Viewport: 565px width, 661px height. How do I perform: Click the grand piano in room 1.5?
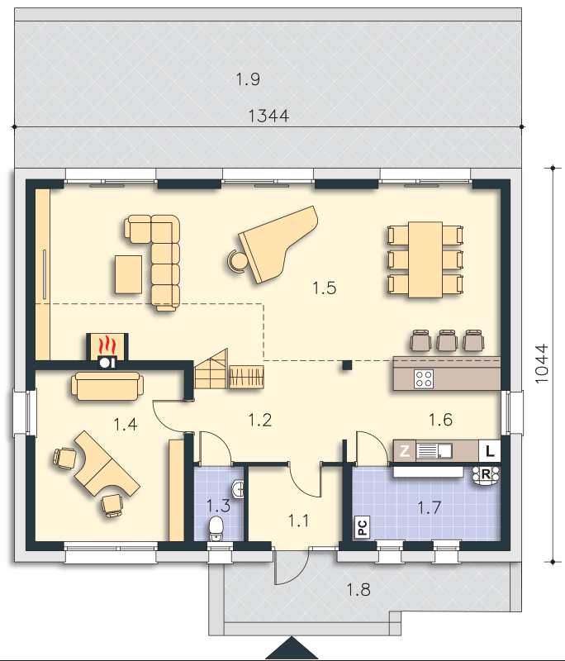278,245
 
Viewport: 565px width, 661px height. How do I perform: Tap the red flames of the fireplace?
107,345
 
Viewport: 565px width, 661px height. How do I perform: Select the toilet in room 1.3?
216,529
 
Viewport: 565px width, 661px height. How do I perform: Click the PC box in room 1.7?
362,526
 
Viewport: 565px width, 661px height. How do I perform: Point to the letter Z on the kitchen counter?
405,451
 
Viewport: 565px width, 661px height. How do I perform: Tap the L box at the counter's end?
490,451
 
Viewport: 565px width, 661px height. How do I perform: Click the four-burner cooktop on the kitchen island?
424,378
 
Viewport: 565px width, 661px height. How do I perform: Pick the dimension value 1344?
268,116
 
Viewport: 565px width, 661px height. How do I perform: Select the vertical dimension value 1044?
542,364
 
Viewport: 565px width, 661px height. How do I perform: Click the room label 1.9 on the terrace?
248,79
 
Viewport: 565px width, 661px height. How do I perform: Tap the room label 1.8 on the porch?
358,589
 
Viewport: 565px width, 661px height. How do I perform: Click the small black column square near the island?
347,364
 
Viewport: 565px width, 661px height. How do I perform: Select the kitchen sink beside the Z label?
434,451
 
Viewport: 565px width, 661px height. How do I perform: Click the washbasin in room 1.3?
238,489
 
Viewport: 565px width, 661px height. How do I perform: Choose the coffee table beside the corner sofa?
129,274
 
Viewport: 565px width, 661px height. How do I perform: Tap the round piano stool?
236,260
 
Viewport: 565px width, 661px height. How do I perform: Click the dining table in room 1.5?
425,259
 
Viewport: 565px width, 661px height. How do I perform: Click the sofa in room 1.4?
107,385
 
